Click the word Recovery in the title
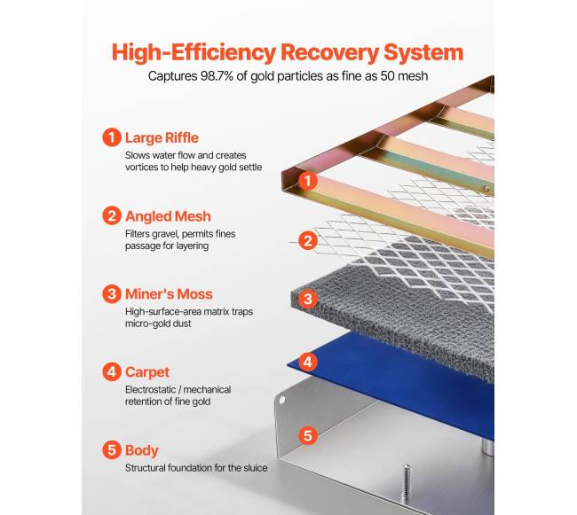point(329,52)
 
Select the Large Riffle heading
point(162,137)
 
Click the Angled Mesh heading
point(168,216)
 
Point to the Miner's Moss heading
point(169,294)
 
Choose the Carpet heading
point(147,372)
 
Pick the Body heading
point(142,450)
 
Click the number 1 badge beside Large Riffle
point(112,137)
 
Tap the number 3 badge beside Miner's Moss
point(112,294)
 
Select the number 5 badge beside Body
point(112,450)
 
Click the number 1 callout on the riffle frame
point(308,181)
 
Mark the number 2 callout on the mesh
point(308,240)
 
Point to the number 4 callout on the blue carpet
point(308,363)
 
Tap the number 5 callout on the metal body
point(308,435)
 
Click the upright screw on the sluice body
point(407,480)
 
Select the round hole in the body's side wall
point(282,400)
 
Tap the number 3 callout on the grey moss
point(308,299)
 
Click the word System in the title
point(423,52)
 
